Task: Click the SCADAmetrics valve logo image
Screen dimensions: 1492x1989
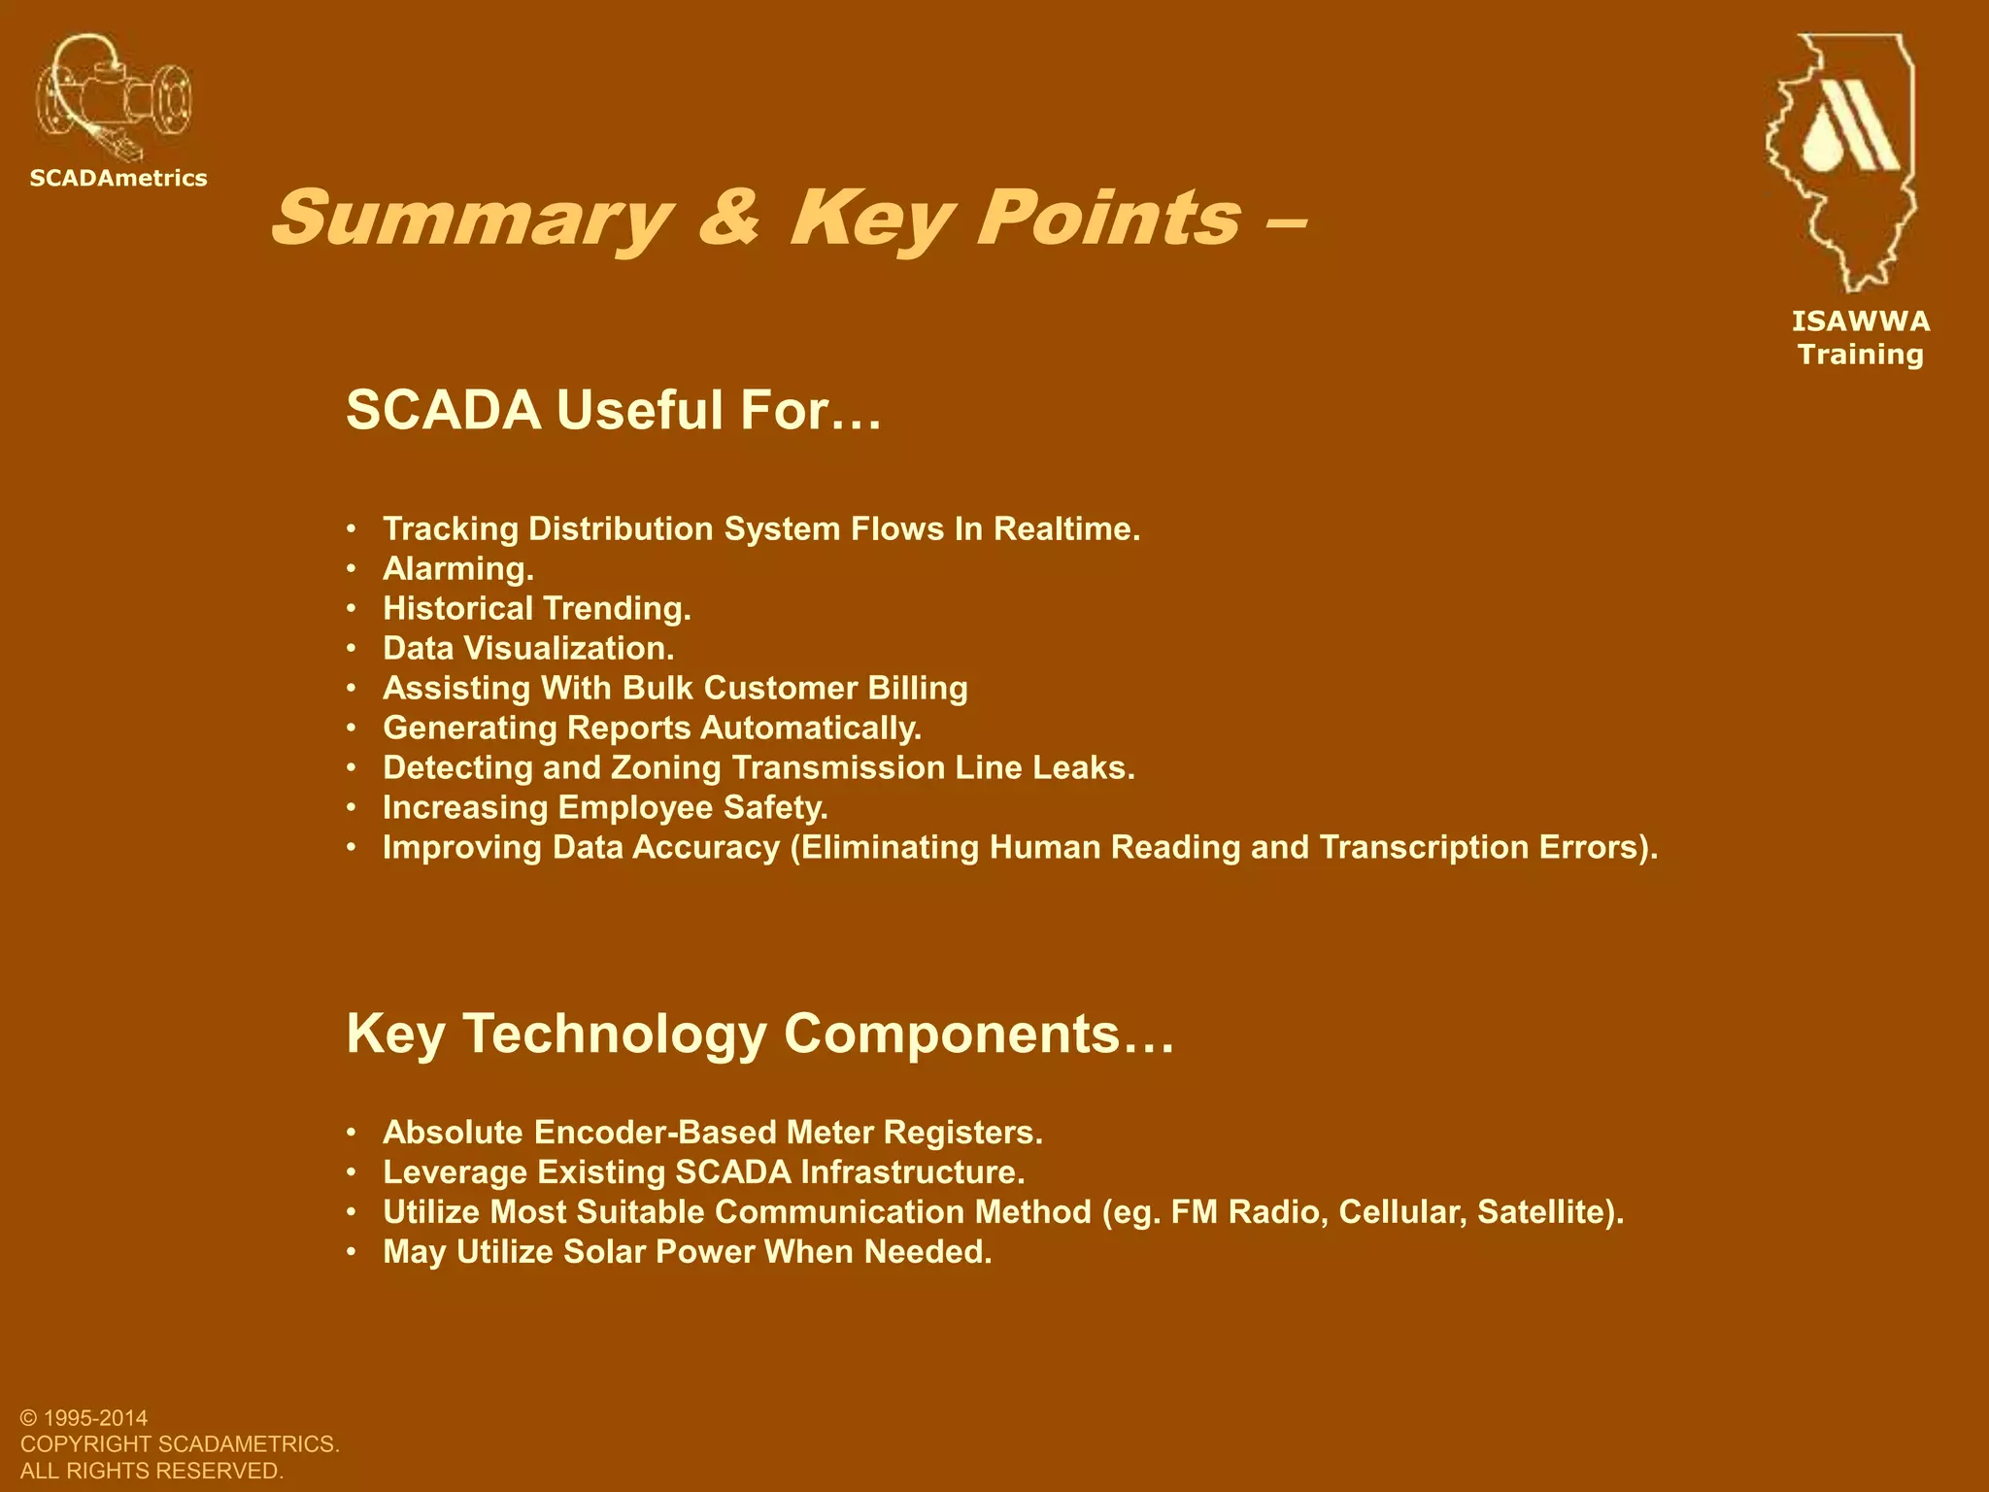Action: (114, 97)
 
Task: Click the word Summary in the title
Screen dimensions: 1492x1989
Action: (472, 219)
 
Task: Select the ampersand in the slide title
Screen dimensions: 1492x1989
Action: (728, 219)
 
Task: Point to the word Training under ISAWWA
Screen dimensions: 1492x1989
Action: (1860, 355)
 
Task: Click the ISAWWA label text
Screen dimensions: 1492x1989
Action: (1860, 322)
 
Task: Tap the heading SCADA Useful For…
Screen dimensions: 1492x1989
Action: (614, 410)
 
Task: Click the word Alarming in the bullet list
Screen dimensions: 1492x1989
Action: (456, 569)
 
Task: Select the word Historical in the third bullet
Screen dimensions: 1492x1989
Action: (457, 609)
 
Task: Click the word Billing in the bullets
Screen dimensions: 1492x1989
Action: (917, 689)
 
